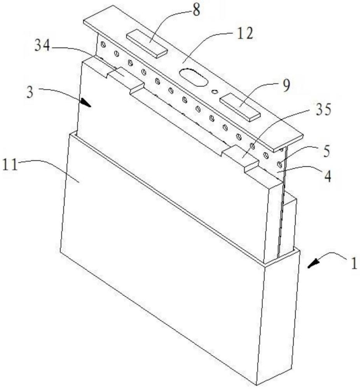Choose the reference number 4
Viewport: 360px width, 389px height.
click(x=328, y=176)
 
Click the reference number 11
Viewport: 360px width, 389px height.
click(x=14, y=165)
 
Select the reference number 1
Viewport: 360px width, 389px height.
click(x=353, y=265)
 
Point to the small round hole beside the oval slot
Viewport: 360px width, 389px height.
click(x=213, y=92)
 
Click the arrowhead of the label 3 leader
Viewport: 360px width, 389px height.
click(x=86, y=103)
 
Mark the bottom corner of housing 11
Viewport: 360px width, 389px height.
click(x=257, y=383)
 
